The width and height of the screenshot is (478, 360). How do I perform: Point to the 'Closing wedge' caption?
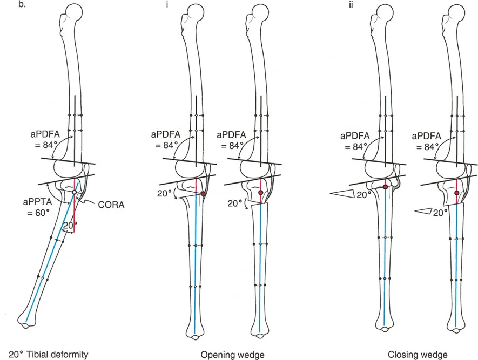[x=418, y=355]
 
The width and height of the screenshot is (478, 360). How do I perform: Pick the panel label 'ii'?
[x=372, y=7]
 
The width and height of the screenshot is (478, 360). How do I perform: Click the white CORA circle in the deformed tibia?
[x=75, y=192]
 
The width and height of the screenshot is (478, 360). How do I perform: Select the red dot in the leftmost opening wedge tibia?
[x=203, y=194]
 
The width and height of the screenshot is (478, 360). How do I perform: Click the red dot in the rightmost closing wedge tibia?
[x=457, y=193]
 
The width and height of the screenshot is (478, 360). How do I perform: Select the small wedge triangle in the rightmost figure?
[x=423, y=212]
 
